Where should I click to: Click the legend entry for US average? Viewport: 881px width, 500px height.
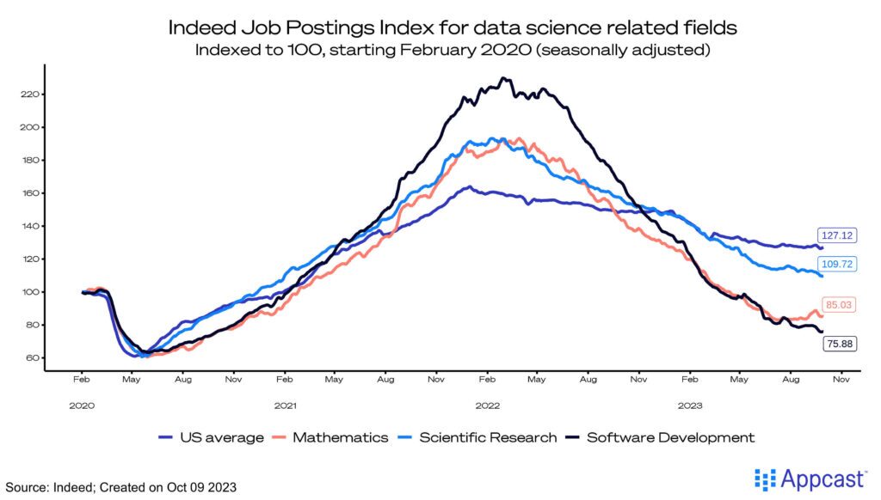click(212, 437)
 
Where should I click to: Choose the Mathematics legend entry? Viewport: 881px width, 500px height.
click(331, 437)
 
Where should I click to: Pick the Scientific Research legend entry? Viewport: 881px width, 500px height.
click(477, 437)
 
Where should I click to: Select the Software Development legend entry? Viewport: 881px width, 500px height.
click(659, 437)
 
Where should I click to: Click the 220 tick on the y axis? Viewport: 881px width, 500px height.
click(28, 95)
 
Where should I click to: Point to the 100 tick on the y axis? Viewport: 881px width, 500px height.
click(28, 292)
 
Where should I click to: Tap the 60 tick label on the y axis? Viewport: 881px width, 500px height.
click(30, 358)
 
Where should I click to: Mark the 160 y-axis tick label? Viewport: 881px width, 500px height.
click(28, 193)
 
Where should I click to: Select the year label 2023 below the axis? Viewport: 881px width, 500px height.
click(690, 404)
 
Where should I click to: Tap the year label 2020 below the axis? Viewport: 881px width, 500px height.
click(82, 404)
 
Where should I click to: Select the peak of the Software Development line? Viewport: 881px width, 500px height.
click(502, 79)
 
